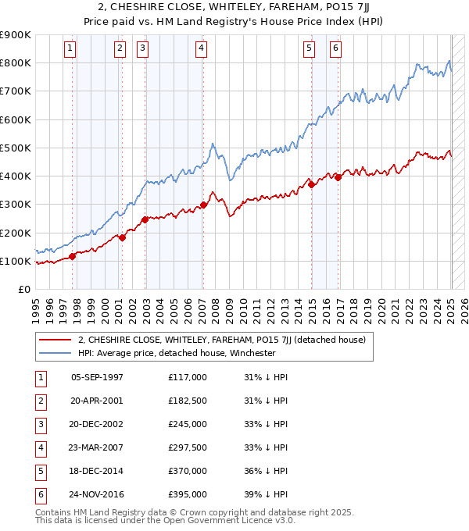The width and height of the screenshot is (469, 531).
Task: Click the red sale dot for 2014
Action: [312, 185]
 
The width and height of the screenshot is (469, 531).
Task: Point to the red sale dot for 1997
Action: [73, 255]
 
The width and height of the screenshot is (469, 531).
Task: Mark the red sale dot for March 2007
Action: [204, 205]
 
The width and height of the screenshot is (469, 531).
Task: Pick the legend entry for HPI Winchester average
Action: [177, 352]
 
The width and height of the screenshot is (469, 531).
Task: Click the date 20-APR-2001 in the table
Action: [96, 401]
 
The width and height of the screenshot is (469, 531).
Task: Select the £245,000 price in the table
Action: [188, 424]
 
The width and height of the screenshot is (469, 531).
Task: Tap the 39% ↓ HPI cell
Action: [267, 494]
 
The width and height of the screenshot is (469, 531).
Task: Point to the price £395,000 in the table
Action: [188, 494]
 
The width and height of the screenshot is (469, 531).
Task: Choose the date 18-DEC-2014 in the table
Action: [96, 471]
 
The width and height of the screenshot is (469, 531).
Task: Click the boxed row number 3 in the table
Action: [40, 424]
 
